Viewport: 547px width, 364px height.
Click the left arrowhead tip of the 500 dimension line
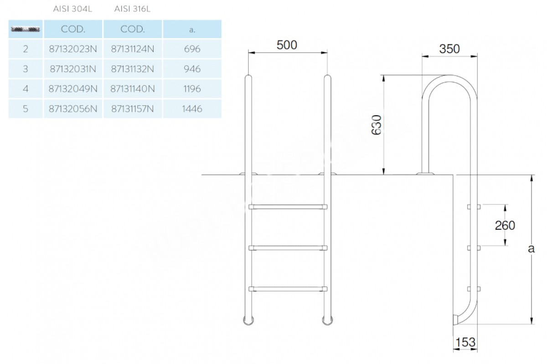(x=248, y=52)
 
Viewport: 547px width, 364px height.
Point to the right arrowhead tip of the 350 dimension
(x=477, y=56)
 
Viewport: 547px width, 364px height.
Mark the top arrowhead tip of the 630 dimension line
(x=384, y=76)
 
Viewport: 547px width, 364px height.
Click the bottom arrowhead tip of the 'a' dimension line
(x=532, y=324)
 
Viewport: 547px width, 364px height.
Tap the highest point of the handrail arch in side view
(x=449, y=75)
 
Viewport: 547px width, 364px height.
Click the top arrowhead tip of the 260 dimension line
(x=505, y=205)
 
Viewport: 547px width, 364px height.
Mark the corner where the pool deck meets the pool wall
(x=453, y=175)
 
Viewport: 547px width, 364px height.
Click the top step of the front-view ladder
(x=288, y=207)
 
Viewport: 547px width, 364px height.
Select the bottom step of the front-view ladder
(x=288, y=289)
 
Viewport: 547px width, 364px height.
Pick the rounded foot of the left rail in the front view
(x=248, y=321)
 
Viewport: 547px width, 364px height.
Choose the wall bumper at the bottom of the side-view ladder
(x=456, y=319)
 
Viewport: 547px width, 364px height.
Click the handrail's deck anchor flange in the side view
(x=425, y=174)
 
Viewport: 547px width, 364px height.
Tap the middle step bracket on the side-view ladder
(x=474, y=248)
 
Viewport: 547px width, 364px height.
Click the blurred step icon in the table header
(x=26, y=30)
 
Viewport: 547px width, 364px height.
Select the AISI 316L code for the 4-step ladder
(x=133, y=89)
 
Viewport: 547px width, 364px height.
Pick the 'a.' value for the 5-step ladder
(x=192, y=109)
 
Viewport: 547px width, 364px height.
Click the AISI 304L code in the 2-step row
(x=73, y=49)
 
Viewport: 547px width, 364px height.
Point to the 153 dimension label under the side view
(x=465, y=342)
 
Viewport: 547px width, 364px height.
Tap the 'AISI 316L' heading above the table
(x=132, y=9)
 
